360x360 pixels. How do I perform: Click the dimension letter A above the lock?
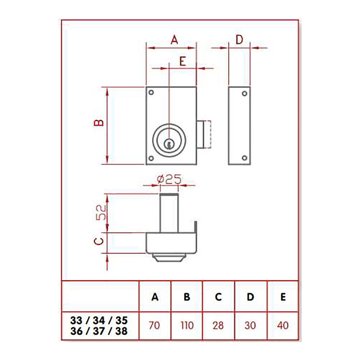(x=174, y=40)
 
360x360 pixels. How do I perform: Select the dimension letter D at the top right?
(x=239, y=40)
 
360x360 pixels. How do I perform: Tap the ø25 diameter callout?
(x=169, y=179)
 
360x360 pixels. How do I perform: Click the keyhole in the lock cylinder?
(x=168, y=144)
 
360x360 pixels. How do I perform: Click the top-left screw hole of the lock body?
(x=151, y=93)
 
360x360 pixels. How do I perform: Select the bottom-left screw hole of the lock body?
(x=151, y=158)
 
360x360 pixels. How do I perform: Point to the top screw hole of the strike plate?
(x=244, y=94)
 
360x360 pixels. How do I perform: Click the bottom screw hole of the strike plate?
(x=244, y=158)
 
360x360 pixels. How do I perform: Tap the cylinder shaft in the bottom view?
(x=169, y=212)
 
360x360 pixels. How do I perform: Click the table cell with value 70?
(x=155, y=325)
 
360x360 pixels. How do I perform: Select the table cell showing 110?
(x=186, y=325)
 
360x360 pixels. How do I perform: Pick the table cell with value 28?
(x=218, y=325)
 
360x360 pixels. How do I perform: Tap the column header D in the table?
(x=251, y=297)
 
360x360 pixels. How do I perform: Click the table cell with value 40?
(x=283, y=325)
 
